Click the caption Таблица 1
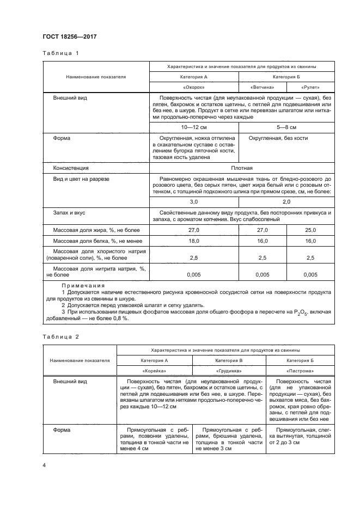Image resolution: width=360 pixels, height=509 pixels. click(61, 53)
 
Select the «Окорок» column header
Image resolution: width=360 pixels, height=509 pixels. click(194, 87)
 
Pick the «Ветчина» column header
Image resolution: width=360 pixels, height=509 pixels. click(262, 87)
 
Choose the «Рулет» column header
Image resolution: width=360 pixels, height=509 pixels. click(310, 87)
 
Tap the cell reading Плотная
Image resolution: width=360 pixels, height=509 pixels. click(241, 168)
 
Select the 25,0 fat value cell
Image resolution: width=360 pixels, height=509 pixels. click(310, 231)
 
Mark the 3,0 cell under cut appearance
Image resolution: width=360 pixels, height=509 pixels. click(194, 201)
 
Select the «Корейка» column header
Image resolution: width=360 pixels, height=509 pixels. click(152, 370)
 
